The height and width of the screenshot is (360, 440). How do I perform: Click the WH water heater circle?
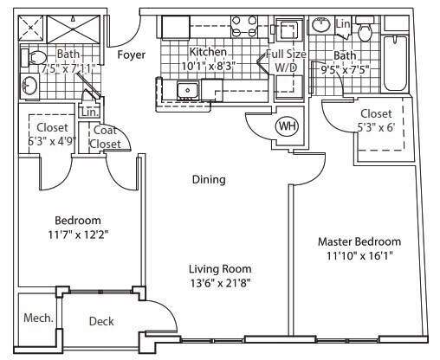[285, 125]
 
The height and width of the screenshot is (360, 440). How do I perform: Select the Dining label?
[209, 180]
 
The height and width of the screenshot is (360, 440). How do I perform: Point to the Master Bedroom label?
[359, 241]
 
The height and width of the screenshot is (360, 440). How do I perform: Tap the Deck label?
[102, 322]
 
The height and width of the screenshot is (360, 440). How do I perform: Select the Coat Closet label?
[106, 138]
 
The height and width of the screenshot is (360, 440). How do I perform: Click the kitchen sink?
[186, 89]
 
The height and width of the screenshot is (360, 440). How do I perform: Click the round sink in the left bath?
[28, 87]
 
